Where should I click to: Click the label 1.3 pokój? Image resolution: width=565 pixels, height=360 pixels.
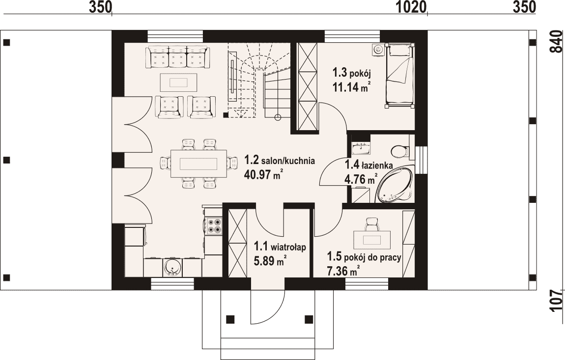tap(352, 73)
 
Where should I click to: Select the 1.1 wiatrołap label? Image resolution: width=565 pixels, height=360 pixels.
tap(280, 247)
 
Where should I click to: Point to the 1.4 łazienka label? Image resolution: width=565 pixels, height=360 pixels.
tap(369, 165)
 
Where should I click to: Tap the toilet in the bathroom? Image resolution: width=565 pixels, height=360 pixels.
tap(400, 151)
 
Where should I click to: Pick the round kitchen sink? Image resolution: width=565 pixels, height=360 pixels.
tap(173, 267)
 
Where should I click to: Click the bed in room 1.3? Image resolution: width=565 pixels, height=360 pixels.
tap(399, 76)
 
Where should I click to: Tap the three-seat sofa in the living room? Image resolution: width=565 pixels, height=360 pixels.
tap(177, 57)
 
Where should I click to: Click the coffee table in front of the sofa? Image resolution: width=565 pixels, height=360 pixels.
tap(178, 83)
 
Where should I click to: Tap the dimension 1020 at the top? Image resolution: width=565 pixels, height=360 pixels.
tap(412, 7)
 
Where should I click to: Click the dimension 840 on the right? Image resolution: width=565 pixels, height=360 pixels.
tap(557, 42)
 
